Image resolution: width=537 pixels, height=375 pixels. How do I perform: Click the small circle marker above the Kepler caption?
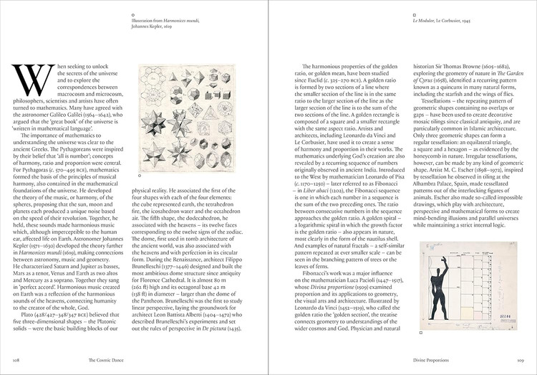134,14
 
